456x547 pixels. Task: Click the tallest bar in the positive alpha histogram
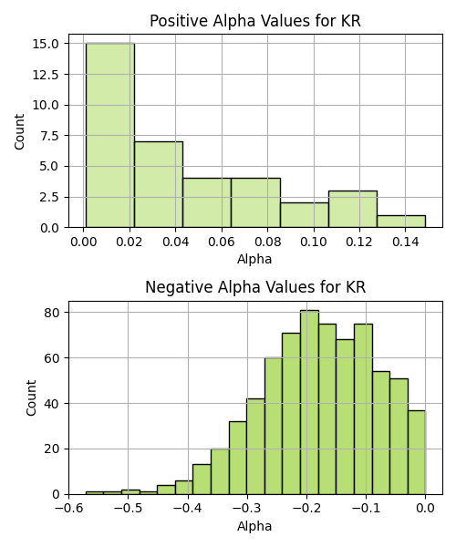point(110,135)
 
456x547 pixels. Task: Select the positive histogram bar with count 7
point(159,184)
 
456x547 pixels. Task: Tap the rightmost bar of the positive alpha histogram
point(401,222)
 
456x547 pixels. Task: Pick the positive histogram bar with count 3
point(353,209)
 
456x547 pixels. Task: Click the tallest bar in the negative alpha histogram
point(309,402)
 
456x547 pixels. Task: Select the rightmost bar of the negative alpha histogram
point(417,452)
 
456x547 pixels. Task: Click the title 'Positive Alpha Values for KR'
point(255,21)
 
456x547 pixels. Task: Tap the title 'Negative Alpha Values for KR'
point(255,287)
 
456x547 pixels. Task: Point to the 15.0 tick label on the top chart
point(46,44)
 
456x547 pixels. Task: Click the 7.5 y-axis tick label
point(49,136)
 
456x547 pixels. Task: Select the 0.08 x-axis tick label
point(267,242)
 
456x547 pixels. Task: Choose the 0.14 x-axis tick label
point(405,242)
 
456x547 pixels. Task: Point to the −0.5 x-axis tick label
point(128,509)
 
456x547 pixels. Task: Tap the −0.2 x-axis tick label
point(306,509)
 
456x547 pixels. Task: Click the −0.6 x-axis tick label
point(68,509)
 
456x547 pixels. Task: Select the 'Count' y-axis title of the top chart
point(19,131)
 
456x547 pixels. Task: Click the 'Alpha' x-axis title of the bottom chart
point(254,526)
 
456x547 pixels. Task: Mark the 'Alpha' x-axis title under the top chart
point(254,259)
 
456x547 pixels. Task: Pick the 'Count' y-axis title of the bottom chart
point(31,398)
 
